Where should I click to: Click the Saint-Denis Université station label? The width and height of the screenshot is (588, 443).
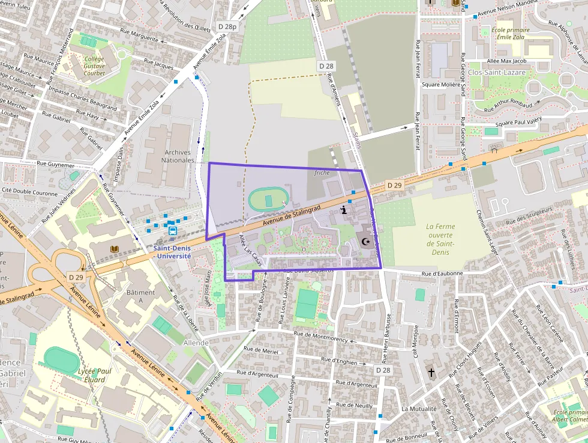(172, 251)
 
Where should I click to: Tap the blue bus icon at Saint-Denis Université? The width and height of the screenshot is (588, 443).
(172, 230)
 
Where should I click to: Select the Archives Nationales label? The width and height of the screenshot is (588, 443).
(178, 156)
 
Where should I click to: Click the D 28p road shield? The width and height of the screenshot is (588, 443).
(227, 27)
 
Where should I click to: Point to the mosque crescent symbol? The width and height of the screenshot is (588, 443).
(364, 241)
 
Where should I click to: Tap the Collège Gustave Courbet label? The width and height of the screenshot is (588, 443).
(94, 66)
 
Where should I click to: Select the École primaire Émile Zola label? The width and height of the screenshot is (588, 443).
(511, 33)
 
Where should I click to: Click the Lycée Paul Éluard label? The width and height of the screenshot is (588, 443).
(95, 375)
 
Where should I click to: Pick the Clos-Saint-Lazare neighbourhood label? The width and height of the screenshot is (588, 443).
(497, 72)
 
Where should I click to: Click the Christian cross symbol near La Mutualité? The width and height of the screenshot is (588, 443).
(431, 373)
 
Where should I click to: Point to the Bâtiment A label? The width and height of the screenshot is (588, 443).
(140, 296)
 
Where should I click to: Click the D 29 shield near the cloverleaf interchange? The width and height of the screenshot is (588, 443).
(76, 276)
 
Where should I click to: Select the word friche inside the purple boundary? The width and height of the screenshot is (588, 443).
(322, 173)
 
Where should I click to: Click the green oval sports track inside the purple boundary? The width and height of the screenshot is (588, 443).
(268, 199)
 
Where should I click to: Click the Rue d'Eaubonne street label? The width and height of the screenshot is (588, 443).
(442, 273)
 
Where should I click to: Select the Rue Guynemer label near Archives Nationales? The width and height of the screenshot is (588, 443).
(56, 163)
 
